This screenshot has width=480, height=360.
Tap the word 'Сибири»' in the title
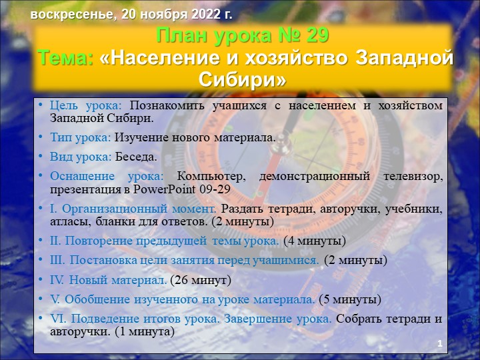coord(243,79)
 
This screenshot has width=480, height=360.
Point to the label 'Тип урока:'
coord(80,138)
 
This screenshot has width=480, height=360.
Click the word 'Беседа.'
coord(136,157)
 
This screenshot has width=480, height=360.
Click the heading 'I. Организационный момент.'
coord(134,209)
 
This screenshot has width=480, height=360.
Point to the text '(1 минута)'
coord(145,331)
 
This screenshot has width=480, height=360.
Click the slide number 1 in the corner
coord(440,343)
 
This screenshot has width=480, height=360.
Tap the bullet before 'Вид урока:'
coord(41,157)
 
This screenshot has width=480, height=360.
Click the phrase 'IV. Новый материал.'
coord(109,280)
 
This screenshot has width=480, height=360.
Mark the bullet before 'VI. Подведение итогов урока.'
coord(41,319)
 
